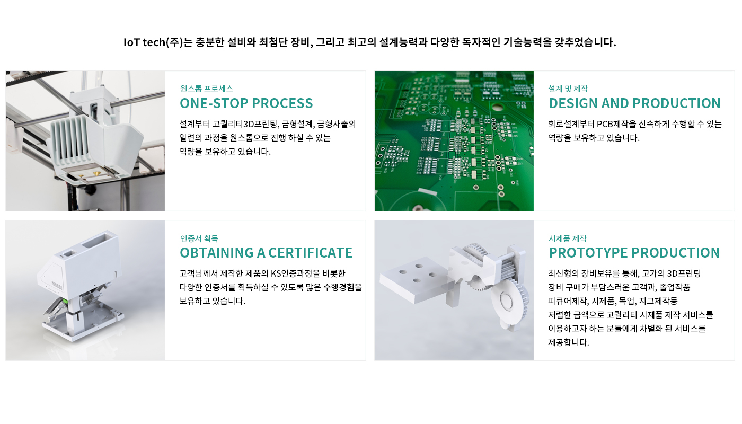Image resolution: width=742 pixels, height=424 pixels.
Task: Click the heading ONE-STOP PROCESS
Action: pos(246,103)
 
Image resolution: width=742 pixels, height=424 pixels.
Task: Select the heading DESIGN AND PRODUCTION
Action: pos(634,103)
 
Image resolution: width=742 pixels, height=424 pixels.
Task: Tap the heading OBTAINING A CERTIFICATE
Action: pos(266,253)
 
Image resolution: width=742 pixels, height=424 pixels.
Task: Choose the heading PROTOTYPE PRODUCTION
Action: pos(634,253)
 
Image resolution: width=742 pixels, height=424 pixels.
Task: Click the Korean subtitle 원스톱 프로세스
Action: pos(206,89)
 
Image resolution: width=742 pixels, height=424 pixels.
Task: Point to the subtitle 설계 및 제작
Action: pos(568,89)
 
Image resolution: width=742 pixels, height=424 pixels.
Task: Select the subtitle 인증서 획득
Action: pos(199,238)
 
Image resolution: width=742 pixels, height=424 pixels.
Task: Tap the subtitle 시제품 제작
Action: pos(568,238)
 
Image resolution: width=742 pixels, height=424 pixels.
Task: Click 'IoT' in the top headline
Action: pos(131,42)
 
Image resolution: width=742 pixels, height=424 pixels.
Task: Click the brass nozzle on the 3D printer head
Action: pos(96,173)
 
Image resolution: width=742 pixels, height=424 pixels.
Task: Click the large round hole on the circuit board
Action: pos(497,107)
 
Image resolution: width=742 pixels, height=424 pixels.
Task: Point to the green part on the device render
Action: pos(65,301)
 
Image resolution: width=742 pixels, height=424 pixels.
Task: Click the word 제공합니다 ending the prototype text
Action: pos(568,342)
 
